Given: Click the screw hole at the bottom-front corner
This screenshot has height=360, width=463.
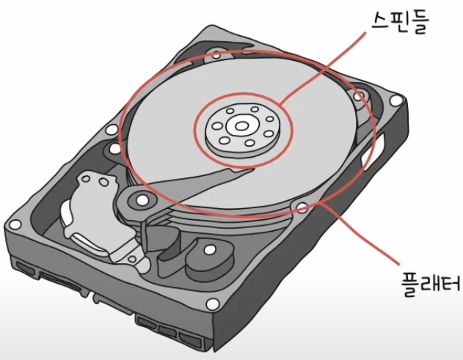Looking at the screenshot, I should tap(213, 303).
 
